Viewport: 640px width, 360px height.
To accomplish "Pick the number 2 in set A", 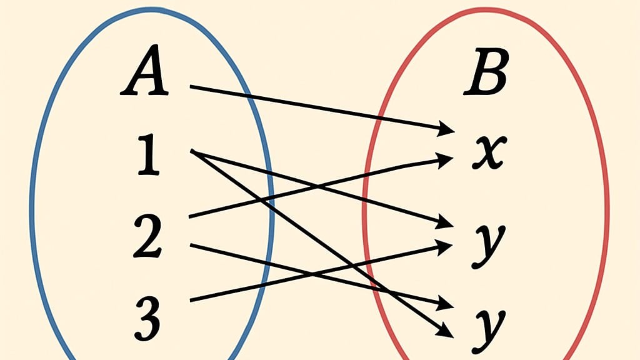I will point(148,236).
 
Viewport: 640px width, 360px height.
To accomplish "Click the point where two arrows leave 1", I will point(192,151).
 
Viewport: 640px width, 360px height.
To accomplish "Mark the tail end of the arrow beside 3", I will point(190,301).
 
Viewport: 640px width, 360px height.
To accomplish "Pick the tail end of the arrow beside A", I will point(191,86).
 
